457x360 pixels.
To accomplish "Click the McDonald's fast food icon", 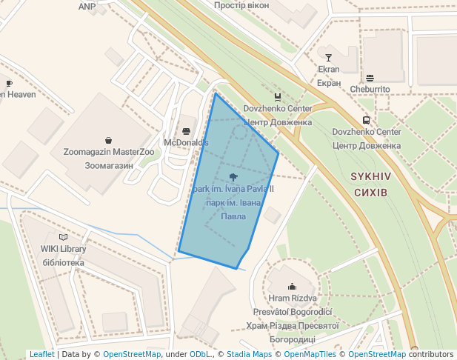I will pyautogui.click(x=186, y=130).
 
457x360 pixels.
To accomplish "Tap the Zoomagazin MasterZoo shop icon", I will pyautogui.click(x=109, y=140).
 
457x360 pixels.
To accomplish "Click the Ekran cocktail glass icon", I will pyautogui.click(x=328, y=57).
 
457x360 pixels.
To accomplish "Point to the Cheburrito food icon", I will pyautogui.click(x=370, y=77).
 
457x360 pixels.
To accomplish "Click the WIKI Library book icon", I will pyautogui.click(x=63, y=237).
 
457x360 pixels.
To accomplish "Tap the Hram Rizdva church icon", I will pyautogui.click(x=292, y=286).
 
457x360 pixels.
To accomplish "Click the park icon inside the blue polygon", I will pyautogui.click(x=234, y=176).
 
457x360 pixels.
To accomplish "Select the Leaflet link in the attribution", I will pyautogui.click(x=41, y=354).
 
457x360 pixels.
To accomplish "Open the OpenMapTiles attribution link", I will pyautogui.click(x=307, y=354).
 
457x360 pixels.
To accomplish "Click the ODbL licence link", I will pyautogui.click(x=200, y=354).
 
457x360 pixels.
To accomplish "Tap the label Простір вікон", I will pyautogui.click(x=241, y=5).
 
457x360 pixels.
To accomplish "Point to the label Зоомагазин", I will pyautogui.click(x=109, y=165).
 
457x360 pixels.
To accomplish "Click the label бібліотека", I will pyautogui.click(x=64, y=262).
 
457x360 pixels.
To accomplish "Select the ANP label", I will pyautogui.click(x=87, y=6).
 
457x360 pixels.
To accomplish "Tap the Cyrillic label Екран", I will pyautogui.click(x=328, y=82).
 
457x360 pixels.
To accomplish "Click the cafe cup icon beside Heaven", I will pyautogui.click(x=9, y=83).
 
